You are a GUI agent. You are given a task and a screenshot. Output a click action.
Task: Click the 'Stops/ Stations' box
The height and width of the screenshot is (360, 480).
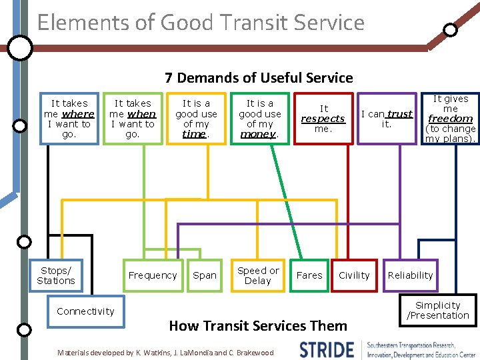point(56,275)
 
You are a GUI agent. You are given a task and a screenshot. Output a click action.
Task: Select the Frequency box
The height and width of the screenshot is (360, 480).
point(153,275)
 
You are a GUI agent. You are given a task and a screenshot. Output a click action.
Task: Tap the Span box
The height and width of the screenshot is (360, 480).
point(205,275)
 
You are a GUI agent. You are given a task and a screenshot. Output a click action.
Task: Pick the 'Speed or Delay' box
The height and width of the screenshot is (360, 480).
point(258,275)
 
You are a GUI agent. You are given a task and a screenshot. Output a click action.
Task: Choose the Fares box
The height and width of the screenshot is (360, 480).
point(309,275)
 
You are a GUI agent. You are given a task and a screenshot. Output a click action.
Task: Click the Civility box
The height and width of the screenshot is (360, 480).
point(354,275)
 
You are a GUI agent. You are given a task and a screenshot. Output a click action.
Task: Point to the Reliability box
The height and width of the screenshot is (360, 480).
point(410,275)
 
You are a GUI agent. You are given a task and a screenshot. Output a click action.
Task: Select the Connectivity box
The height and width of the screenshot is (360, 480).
point(85,311)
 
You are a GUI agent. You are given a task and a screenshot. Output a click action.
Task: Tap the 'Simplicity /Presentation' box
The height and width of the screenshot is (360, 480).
point(438,311)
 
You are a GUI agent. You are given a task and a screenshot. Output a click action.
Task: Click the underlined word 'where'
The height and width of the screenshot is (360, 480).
point(78,114)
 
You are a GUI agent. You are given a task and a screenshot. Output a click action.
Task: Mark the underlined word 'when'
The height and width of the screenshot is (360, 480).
point(141,114)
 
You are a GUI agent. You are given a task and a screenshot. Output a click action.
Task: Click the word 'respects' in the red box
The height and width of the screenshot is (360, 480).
point(323,119)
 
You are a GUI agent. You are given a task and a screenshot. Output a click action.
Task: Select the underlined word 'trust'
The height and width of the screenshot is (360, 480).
point(400,114)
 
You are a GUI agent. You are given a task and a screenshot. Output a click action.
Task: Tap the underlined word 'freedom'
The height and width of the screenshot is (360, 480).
point(451,119)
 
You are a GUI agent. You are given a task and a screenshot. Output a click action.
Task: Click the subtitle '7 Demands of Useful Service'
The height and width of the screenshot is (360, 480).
point(259,78)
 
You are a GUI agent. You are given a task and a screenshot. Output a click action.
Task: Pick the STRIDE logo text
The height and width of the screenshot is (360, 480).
point(327,349)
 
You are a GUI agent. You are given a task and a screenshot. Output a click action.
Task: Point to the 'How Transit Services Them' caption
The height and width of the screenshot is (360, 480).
point(258,326)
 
